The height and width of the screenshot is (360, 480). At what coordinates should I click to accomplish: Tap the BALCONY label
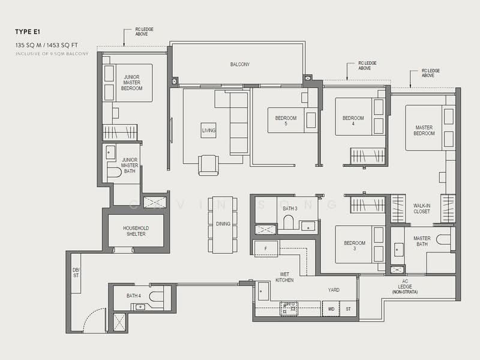239,65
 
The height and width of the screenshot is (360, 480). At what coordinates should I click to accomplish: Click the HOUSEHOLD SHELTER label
136,231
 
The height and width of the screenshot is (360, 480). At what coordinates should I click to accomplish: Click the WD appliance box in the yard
331,309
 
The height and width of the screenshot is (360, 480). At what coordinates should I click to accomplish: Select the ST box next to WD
348,309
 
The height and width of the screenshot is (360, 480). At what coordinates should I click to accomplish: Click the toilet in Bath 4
157,296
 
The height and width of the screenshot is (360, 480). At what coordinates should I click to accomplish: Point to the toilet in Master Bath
443,239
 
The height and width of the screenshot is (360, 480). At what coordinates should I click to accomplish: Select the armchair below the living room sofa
209,165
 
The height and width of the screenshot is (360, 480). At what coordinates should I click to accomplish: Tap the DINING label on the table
223,224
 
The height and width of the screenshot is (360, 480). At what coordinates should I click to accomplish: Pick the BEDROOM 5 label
286,121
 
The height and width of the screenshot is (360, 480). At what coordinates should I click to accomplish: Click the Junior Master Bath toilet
115,173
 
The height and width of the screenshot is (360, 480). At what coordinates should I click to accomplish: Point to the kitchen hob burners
289,308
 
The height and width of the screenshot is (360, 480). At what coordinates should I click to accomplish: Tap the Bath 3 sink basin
308,226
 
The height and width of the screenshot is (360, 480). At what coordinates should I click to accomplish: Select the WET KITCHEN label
284,277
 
